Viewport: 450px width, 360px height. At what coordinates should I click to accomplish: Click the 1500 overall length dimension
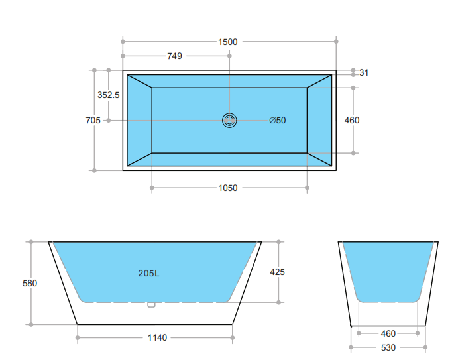[227, 42]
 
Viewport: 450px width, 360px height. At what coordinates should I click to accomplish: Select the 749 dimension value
[174, 56]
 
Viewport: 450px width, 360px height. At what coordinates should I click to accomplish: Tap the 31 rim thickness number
[364, 72]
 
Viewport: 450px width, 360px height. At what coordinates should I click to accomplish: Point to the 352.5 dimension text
[109, 95]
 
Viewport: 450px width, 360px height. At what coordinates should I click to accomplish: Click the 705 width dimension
[93, 120]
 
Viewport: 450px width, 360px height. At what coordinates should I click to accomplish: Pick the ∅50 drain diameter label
[278, 120]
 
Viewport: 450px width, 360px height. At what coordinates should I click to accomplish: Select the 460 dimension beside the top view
[352, 120]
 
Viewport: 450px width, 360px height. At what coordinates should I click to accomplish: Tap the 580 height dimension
[30, 283]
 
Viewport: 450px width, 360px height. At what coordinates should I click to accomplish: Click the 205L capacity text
[148, 273]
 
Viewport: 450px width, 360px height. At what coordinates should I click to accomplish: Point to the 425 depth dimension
[278, 272]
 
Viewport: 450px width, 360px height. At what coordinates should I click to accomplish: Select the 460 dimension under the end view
[388, 333]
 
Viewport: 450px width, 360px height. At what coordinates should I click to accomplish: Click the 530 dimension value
[388, 347]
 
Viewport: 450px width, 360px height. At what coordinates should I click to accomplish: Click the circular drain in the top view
[229, 120]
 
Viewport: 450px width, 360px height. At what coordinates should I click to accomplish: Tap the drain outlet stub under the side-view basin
[151, 305]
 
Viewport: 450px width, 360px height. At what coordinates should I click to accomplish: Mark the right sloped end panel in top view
[319, 120]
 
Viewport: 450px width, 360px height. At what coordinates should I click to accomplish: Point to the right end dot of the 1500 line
[336, 42]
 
